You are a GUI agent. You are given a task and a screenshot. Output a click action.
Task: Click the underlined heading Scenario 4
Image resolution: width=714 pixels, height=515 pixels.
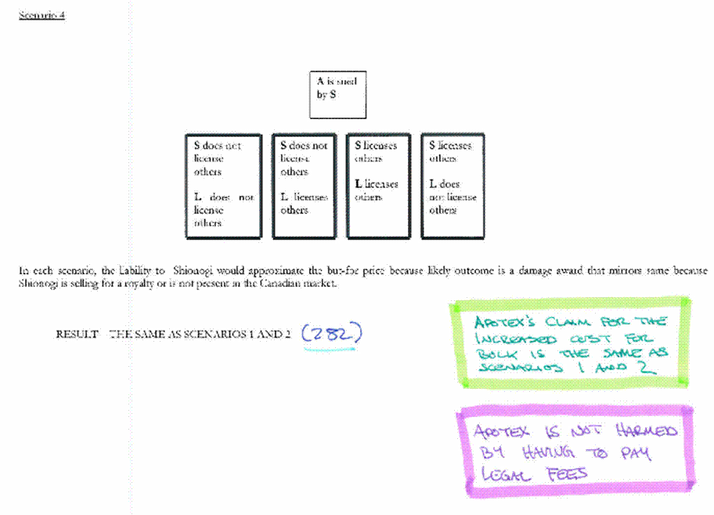point(41,16)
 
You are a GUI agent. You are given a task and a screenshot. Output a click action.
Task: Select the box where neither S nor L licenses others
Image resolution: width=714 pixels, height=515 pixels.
point(223,185)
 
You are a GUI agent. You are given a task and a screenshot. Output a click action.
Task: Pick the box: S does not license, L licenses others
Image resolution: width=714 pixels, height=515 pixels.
point(305,185)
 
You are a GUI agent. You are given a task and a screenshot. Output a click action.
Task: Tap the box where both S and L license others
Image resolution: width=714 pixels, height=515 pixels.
point(379,185)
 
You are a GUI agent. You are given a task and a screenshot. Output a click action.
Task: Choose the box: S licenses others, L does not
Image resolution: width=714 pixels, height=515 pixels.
point(453,185)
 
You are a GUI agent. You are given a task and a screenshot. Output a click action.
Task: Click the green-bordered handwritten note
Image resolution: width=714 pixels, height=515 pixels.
point(570,343)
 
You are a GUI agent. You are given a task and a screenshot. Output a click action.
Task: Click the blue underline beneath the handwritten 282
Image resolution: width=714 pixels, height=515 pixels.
point(330,346)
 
